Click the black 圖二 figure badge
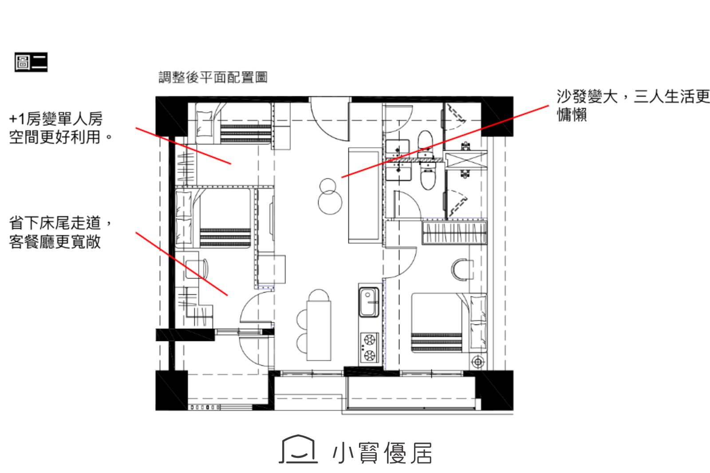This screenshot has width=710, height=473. click(31, 62)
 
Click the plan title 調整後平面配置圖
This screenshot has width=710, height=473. click(213, 78)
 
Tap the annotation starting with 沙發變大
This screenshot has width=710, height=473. click(633, 106)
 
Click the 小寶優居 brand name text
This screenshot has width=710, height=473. click(382, 453)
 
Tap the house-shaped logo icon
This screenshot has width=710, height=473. click(298, 449)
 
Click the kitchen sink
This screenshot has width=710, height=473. click(369, 302)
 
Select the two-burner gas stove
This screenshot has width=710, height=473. click(369, 348)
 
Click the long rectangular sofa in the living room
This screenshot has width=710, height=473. click(364, 195)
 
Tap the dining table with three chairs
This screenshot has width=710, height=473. click(319, 330)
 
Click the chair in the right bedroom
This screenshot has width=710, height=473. click(463, 270)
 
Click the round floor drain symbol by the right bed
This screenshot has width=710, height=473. click(477, 362)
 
